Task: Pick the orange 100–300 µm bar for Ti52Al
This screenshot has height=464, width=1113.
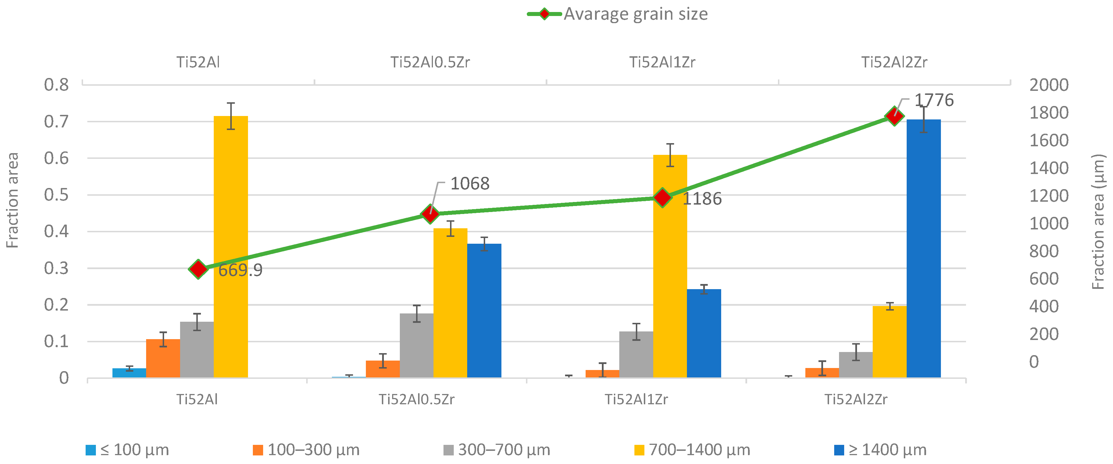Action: pos(163,359)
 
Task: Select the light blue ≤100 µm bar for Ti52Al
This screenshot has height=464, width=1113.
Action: pos(129,373)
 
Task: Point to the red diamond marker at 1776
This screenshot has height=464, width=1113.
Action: pos(894,116)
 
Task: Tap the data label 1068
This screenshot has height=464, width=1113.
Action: pos(470,184)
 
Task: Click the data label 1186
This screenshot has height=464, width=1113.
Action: pos(702,199)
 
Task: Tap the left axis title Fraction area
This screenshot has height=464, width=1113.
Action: pos(13,200)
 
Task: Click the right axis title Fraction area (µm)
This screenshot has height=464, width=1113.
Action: pos(1098,222)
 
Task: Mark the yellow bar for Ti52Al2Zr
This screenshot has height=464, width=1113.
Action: pos(889,342)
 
